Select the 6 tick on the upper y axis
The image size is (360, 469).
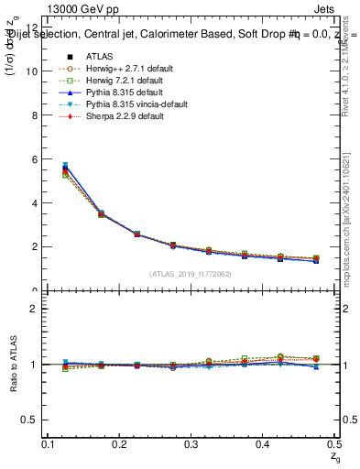34,158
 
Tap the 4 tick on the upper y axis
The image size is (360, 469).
34,202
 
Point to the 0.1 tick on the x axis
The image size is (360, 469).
49,443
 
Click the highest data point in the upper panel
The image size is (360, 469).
65,166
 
